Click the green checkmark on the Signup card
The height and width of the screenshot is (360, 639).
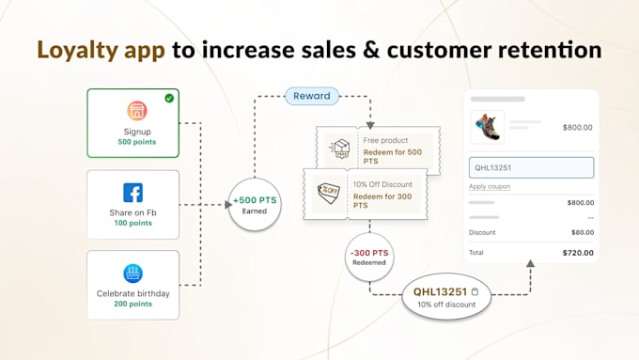(168, 98)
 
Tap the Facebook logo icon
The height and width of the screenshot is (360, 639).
(132, 193)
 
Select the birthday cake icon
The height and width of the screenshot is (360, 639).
(132, 274)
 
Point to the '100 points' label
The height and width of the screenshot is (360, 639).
(132, 224)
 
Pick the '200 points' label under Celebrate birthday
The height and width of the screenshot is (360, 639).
(132, 305)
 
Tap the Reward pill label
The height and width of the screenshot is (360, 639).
(312, 95)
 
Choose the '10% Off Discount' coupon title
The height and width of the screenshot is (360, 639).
(383, 184)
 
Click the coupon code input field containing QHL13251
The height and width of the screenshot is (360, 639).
(531, 168)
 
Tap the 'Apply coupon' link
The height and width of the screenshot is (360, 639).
(490, 186)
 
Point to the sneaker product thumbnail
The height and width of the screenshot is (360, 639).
(488, 127)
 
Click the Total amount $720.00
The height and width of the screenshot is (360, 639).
(577, 252)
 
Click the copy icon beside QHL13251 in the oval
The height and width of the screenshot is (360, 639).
(475, 292)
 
